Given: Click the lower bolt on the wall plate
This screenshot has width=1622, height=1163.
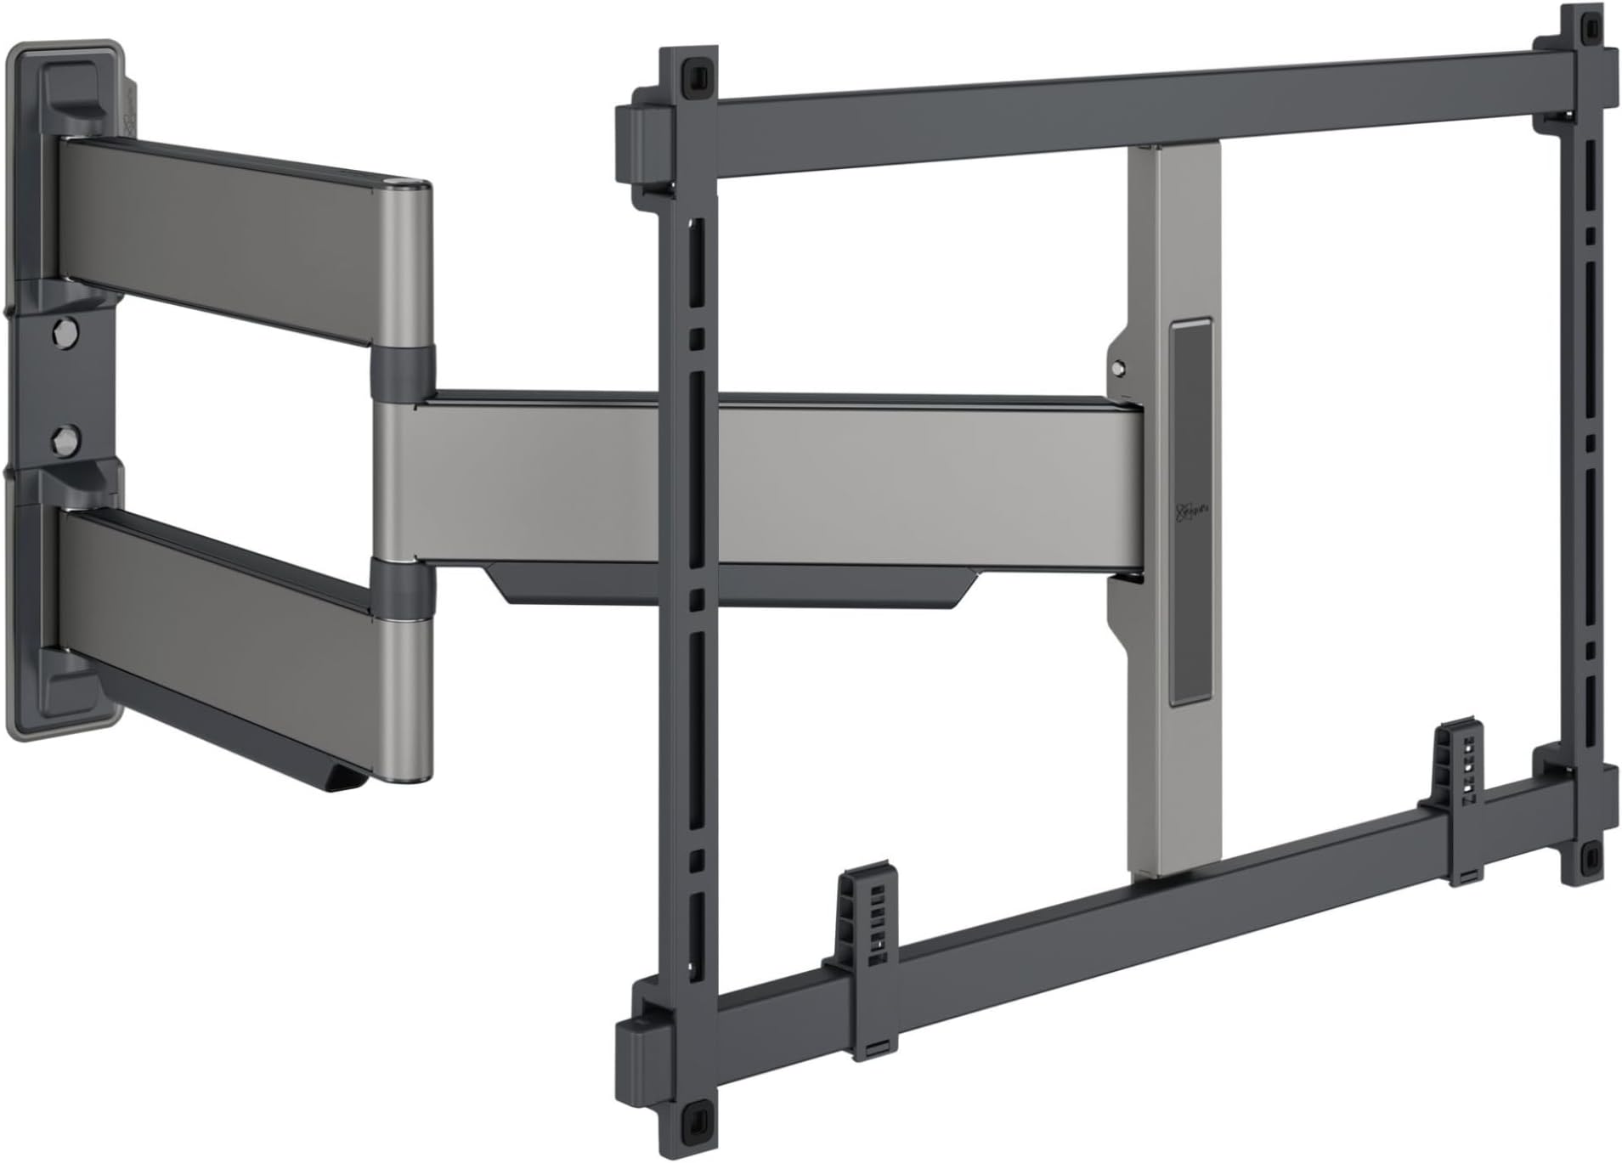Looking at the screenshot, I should point(62,438).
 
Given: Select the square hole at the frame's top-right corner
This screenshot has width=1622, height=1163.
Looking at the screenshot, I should point(1585,27).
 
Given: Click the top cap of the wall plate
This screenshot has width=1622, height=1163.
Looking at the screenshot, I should point(68,85).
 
